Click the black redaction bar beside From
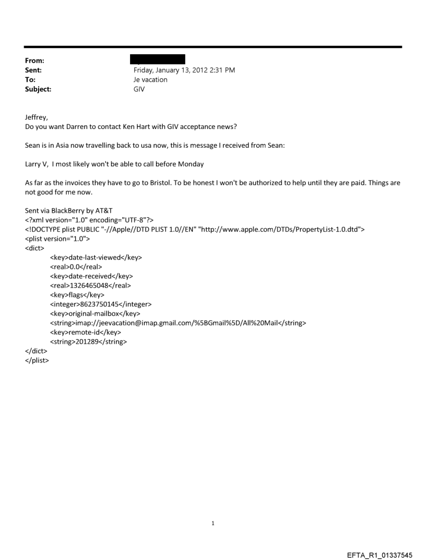coord(157,59)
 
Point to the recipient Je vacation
coord(151,79)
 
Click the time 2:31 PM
coord(220,69)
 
